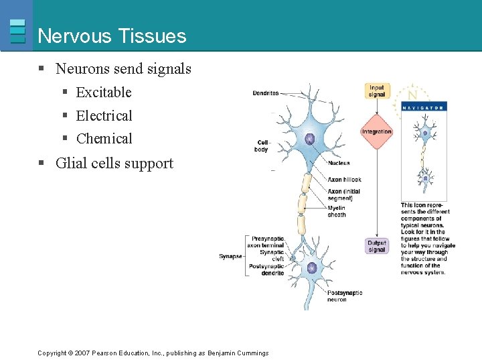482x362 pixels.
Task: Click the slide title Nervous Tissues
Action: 112,36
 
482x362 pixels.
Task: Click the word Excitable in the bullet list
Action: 104,93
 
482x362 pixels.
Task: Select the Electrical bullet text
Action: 104,116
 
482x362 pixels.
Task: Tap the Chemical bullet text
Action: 104,139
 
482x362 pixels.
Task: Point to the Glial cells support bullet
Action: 114,164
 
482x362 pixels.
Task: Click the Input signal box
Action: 377,91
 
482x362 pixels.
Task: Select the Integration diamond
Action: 376,131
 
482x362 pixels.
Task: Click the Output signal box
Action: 377,246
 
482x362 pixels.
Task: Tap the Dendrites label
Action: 265,93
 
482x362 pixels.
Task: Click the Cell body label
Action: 262,145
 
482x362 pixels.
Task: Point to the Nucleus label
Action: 339,163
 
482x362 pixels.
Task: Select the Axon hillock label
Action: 344,180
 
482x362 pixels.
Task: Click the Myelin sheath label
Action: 337,211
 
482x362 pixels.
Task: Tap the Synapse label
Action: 230,256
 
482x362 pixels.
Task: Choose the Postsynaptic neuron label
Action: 345,296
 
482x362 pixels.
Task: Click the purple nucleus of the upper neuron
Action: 310,139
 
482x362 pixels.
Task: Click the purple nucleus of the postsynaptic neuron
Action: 311,268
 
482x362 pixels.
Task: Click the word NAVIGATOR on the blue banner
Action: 422,107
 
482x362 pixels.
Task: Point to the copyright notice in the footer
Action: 153,353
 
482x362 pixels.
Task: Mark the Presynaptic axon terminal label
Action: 267,242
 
